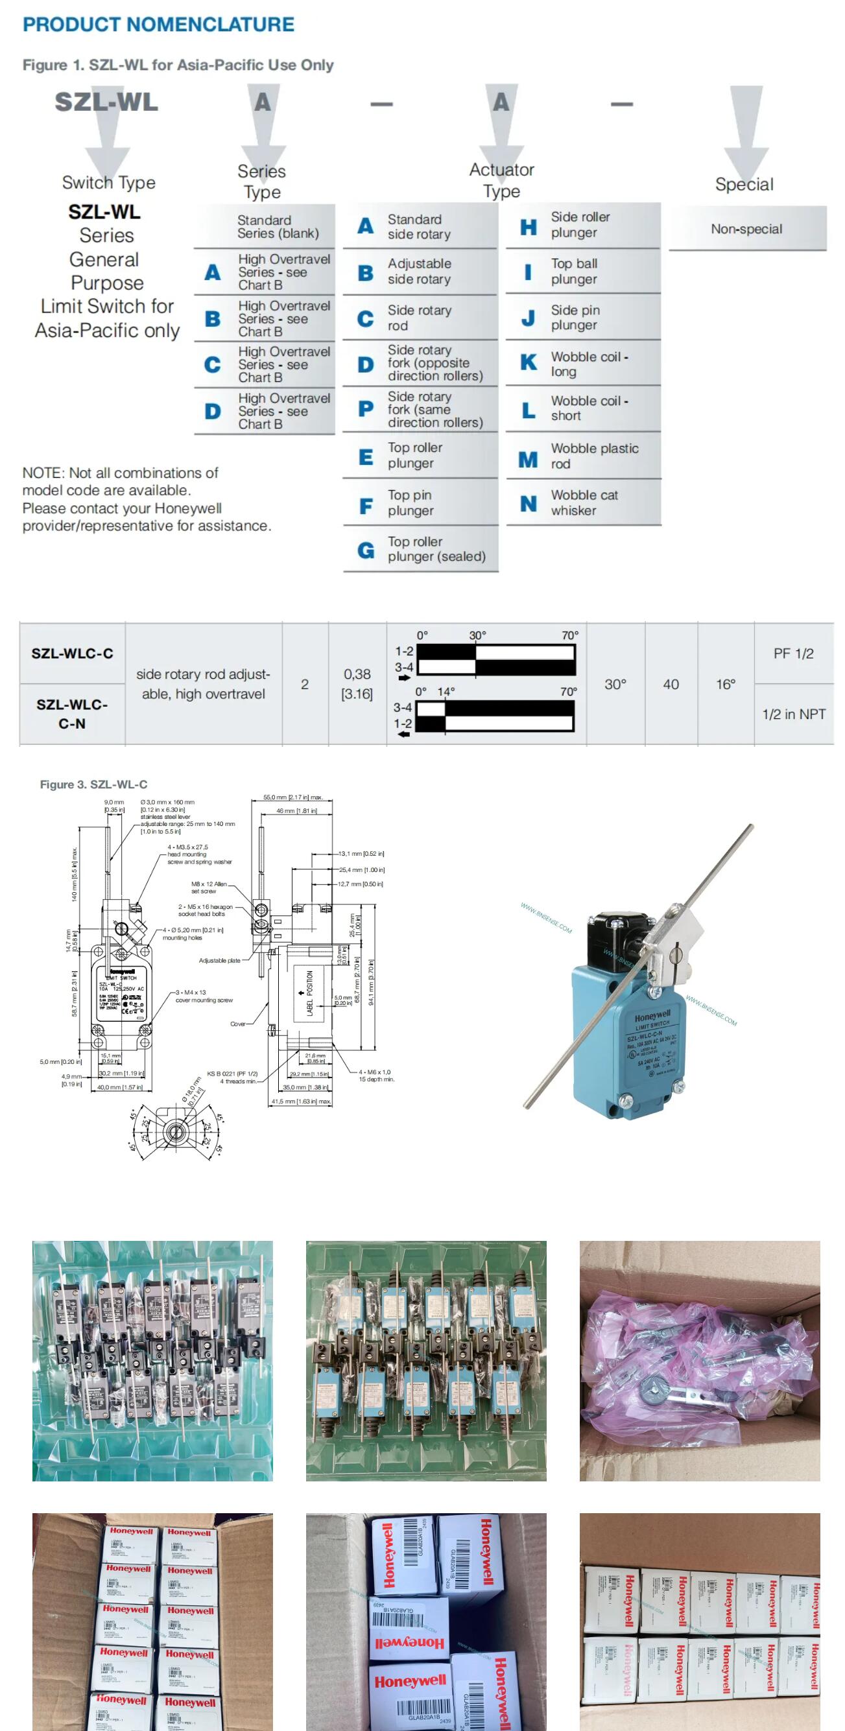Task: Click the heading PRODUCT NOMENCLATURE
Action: (x=159, y=25)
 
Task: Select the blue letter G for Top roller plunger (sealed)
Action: (x=365, y=550)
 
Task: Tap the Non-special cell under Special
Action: (x=746, y=229)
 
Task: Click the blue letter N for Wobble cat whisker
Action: (x=529, y=503)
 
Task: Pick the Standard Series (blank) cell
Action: (x=278, y=227)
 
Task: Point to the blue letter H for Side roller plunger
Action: (x=529, y=227)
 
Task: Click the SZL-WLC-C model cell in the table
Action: (x=72, y=653)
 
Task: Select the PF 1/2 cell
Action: (x=793, y=653)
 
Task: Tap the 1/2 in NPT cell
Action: (x=793, y=714)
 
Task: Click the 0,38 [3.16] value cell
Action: (x=357, y=683)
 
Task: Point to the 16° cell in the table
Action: (x=725, y=684)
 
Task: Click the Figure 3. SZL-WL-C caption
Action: (x=93, y=784)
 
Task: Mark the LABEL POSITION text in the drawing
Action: (x=310, y=993)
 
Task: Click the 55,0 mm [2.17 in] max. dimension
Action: (x=292, y=797)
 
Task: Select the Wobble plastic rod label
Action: (x=594, y=456)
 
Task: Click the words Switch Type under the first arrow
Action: (x=108, y=183)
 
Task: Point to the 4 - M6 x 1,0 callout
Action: (x=374, y=1072)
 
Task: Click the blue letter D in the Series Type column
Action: (x=213, y=411)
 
